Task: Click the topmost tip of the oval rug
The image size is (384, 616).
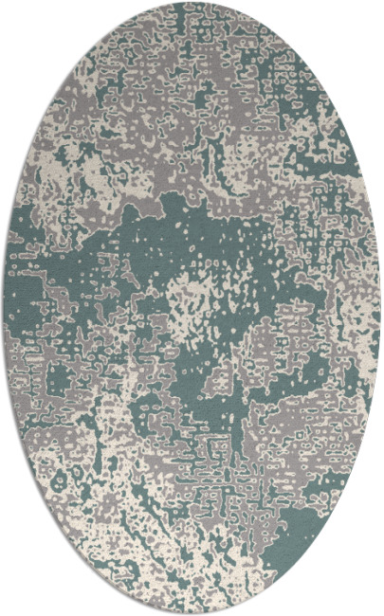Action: (192, 3)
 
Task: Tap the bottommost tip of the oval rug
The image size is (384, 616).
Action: (192, 613)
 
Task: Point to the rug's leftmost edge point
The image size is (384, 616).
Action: (4, 308)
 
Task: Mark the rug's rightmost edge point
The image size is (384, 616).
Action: (380, 308)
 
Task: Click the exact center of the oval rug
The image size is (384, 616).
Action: (192, 308)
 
